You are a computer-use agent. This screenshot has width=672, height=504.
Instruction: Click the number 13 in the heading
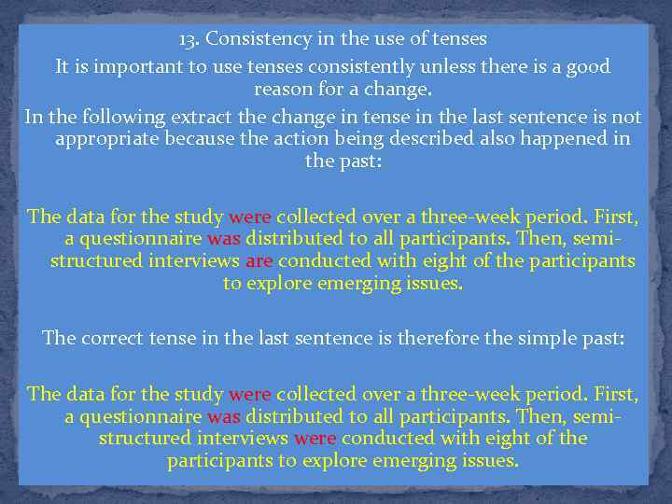[x=189, y=39]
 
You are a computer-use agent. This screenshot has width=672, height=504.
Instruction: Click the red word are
[x=259, y=260]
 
